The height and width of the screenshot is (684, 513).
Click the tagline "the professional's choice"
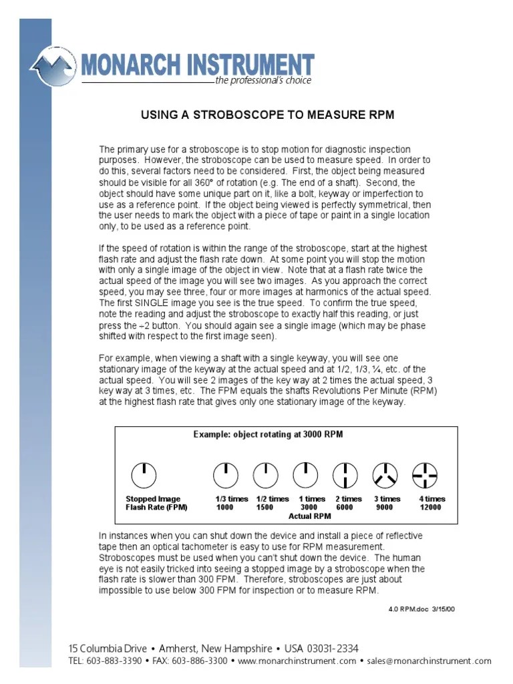tap(263, 81)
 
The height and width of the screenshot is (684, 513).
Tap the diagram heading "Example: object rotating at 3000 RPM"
tap(269, 434)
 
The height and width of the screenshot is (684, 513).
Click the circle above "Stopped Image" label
tap(144, 475)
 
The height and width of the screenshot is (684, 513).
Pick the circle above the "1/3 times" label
tap(225, 475)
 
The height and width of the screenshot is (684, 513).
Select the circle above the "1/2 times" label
tap(265, 475)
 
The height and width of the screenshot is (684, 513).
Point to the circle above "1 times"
tap(305, 475)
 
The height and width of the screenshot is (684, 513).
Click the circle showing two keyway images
tap(345, 475)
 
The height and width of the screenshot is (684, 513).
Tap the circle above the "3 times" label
tap(385, 475)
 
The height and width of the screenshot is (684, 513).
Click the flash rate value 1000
tap(225, 508)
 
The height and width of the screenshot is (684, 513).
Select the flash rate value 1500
tap(265, 508)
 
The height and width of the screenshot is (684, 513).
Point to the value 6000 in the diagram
tap(344, 508)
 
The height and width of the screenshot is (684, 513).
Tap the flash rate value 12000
tap(430, 508)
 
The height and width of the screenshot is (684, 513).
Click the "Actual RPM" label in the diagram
tap(309, 516)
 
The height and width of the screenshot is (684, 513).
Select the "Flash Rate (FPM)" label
tap(156, 508)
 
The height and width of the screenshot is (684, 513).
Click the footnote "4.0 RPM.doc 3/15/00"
tap(421, 609)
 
